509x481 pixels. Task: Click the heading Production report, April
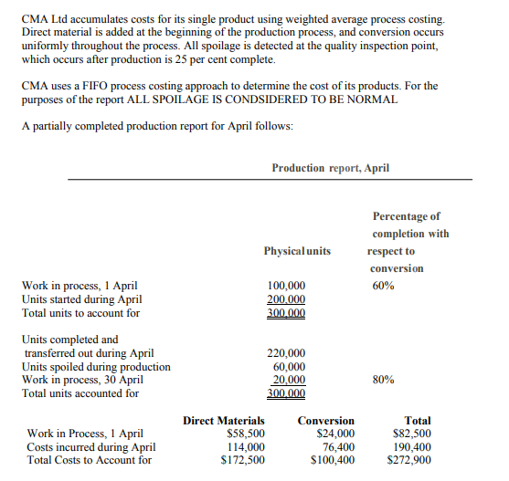tap(331, 168)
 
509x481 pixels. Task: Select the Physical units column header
tap(297, 251)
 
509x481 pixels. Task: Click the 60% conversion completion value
tap(383, 286)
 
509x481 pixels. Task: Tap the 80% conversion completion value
tap(383, 380)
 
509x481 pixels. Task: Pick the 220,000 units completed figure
tap(286, 353)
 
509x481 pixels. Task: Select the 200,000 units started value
tap(286, 298)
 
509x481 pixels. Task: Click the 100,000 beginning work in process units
tap(286, 286)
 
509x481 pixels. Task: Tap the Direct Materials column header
tap(224, 421)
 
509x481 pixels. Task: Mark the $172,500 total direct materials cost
tap(243, 461)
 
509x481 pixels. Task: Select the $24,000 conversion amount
tap(334, 434)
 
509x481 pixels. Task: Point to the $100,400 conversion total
tap(332, 461)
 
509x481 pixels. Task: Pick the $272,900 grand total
tap(409, 461)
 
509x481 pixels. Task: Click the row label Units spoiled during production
tap(95, 367)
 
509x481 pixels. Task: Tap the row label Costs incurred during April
tap(90, 447)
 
